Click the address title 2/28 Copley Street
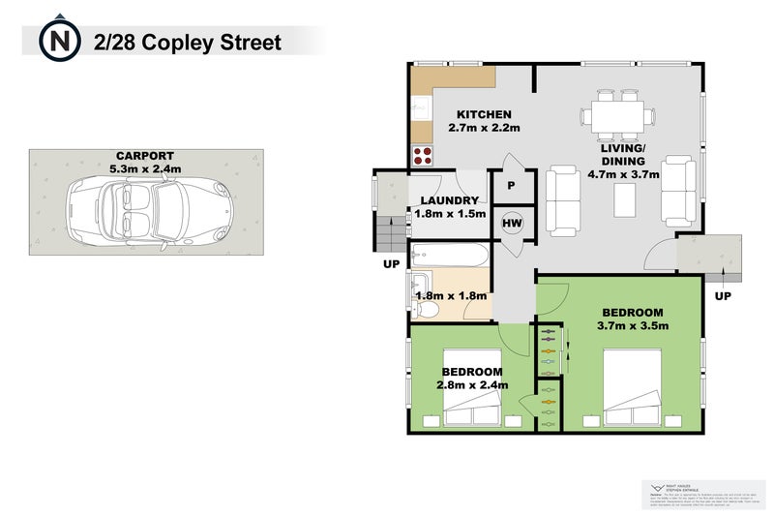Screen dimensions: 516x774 [x=188, y=43]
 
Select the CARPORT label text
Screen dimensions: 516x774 [x=145, y=156]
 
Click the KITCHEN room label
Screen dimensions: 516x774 [x=485, y=114]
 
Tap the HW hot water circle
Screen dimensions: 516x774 [x=511, y=223]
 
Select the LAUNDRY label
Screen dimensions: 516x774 [x=450, y=200]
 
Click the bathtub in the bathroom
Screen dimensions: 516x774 [x=449, y=258]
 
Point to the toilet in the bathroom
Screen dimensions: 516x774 [x=426, y=309]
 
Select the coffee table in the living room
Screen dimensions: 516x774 [x=625, y=200]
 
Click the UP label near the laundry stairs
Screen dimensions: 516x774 [x=391, y=262]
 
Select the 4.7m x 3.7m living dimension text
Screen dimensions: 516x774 [x=623, y=175]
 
